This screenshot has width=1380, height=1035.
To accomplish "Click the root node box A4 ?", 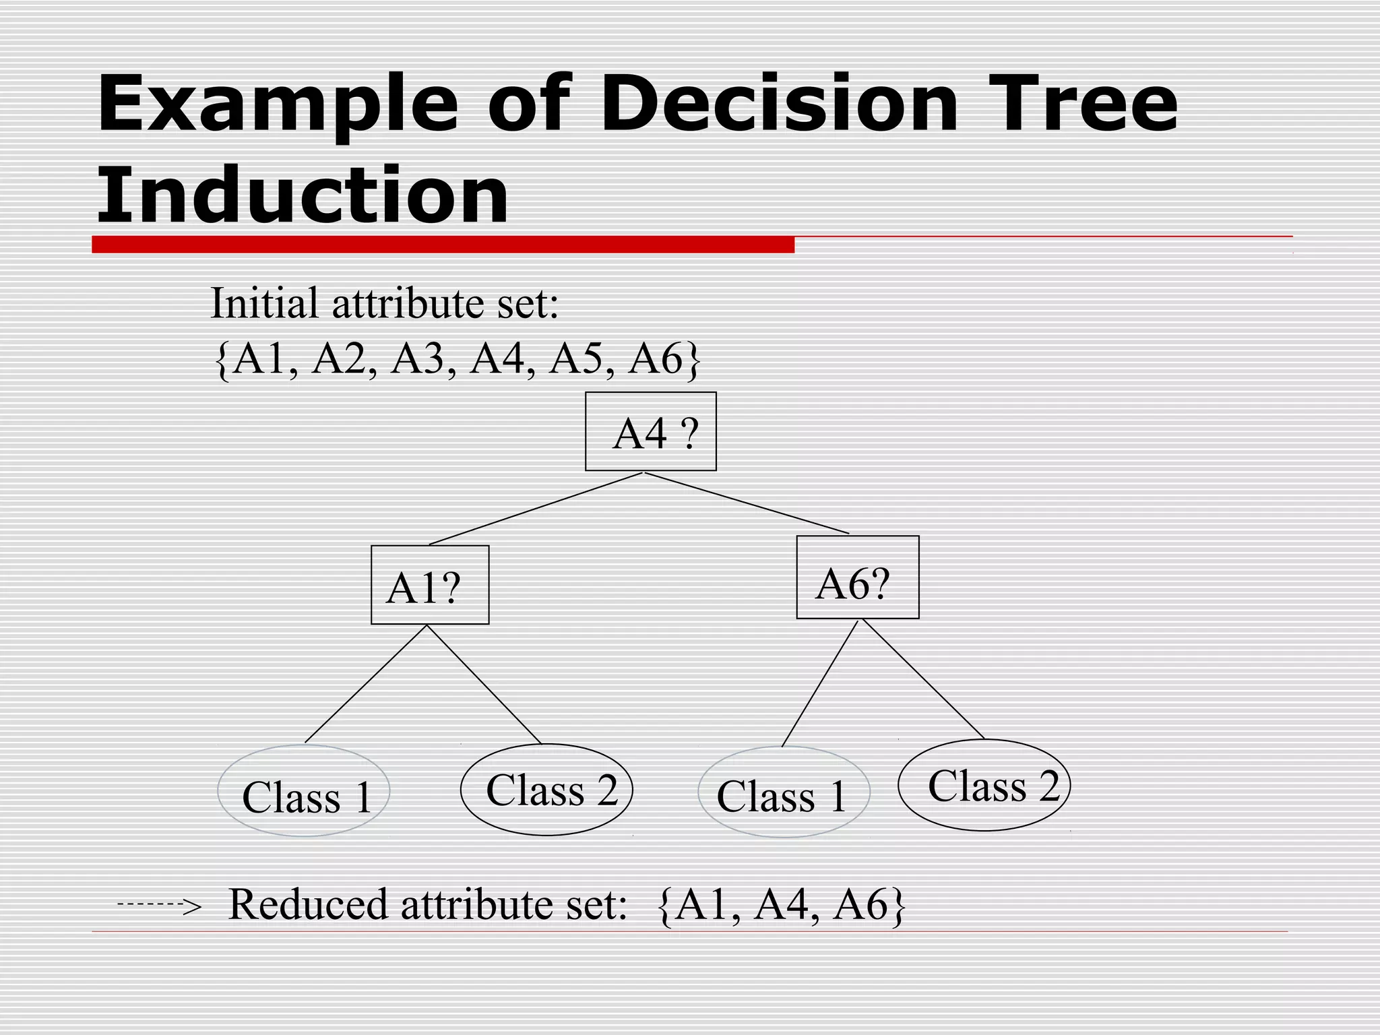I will (650, 431).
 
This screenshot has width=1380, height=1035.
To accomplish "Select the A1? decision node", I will (430, 585).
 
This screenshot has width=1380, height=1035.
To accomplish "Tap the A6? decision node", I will (857, 577).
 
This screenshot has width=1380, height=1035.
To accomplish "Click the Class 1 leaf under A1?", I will (304, 791).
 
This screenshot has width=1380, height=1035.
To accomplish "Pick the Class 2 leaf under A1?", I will (546, 790).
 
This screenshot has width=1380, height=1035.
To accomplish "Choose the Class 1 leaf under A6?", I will (784, 792).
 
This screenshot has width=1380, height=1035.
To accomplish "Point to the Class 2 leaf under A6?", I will (984, 785).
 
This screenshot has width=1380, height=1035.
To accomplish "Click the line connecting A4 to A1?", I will (536, 508).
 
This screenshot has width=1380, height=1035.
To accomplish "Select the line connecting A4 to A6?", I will (747, 503).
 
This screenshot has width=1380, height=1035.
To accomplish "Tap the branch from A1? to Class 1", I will (366, 684).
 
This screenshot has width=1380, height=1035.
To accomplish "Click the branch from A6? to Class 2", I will (923, 679).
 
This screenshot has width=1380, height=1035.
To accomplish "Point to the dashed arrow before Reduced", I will (159, 904).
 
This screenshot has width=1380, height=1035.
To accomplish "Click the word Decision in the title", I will (778, 104).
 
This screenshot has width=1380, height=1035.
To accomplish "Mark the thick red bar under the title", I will (443, 245).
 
